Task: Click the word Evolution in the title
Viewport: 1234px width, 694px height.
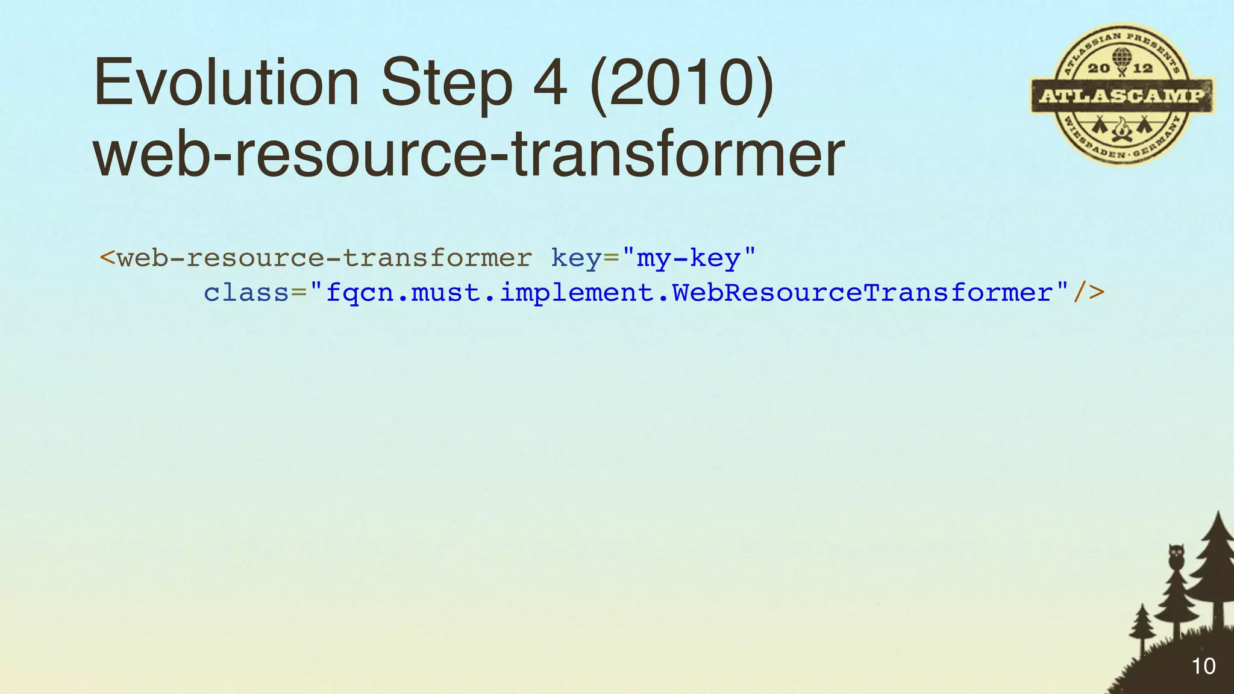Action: pos(227,83)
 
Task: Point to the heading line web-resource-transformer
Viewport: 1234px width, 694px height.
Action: pos(469,155)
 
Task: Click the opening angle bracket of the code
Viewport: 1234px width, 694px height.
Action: pos(107,258)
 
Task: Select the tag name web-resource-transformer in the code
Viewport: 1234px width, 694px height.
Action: pos(324,258)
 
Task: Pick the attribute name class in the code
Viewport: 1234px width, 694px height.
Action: pos(246,293)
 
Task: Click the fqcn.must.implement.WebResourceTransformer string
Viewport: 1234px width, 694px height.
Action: pos(689,293)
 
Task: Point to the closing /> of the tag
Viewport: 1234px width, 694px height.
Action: pos(1089,293)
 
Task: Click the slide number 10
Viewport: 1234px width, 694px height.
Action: pos(1203,666)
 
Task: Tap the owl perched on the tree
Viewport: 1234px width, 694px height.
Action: pos(1176,556)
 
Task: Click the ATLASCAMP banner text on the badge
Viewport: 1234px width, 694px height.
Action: pos(1122,95)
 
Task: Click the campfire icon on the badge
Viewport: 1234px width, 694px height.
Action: pos(1121,128)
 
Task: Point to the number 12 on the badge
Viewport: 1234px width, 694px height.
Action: pos(1142,68)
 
